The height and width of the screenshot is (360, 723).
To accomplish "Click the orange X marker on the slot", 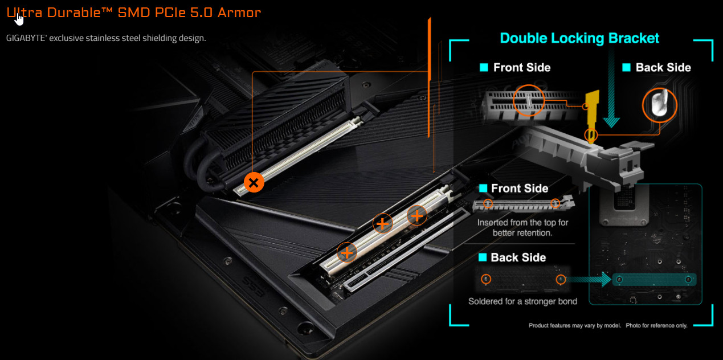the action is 254,183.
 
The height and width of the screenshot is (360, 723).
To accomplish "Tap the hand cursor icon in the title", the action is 19,19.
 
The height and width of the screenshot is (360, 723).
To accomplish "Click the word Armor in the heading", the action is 239,13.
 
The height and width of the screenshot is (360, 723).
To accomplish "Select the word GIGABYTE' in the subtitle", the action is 26,38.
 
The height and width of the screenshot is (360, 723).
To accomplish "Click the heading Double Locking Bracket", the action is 579,38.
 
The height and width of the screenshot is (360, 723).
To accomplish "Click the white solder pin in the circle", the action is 660,103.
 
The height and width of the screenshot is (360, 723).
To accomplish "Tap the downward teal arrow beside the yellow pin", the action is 611,91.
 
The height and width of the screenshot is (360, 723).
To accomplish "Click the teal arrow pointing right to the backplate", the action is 589,279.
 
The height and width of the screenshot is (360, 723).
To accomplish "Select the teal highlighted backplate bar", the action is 654,279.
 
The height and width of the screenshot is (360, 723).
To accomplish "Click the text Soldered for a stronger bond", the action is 522,301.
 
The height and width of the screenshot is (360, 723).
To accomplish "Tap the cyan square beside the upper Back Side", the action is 626,67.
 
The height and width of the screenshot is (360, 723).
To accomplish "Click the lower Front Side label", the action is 520,189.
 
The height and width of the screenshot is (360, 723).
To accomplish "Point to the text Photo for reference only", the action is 656,325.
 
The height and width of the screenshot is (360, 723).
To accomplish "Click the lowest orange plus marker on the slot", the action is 347,252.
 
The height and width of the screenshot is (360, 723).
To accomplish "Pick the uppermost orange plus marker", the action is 417,215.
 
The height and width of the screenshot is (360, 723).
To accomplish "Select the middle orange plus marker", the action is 382,223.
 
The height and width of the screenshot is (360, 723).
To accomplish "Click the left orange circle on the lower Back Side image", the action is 486,279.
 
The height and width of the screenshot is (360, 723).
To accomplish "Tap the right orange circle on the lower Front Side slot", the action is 555,203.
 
